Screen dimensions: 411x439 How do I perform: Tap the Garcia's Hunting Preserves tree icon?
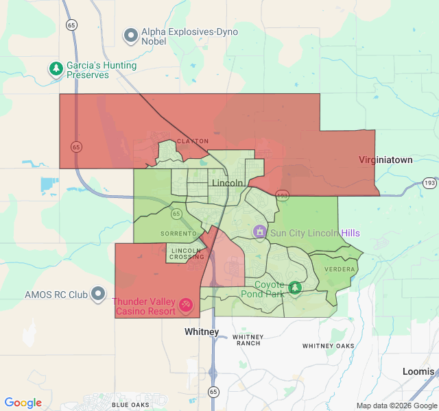[56, 69]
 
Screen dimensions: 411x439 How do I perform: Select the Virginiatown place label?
[385, 160]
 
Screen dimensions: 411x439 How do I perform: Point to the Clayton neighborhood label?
[193, 141]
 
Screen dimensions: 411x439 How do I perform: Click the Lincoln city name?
[228, 183]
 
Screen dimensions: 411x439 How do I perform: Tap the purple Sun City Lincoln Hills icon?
[259, 232]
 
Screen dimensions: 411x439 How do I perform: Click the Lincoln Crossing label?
[187, 253]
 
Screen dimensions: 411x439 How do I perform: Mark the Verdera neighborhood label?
[340, 269]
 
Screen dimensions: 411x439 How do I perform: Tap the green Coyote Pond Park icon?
[295, 288]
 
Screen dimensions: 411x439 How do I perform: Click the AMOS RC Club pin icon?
[98, 295]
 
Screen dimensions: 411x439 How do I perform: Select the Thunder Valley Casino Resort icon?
[185, 305]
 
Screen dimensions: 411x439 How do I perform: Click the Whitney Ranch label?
[247, 340]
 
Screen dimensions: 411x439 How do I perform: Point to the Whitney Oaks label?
[329, 346]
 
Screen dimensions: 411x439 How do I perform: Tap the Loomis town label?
[418, 371]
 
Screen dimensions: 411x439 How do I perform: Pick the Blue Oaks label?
[130, 405]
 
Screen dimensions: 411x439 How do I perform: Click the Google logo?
[23, 403]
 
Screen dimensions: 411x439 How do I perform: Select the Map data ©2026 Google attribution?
[396, 406]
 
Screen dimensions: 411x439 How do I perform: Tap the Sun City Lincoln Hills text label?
[315, 233]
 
